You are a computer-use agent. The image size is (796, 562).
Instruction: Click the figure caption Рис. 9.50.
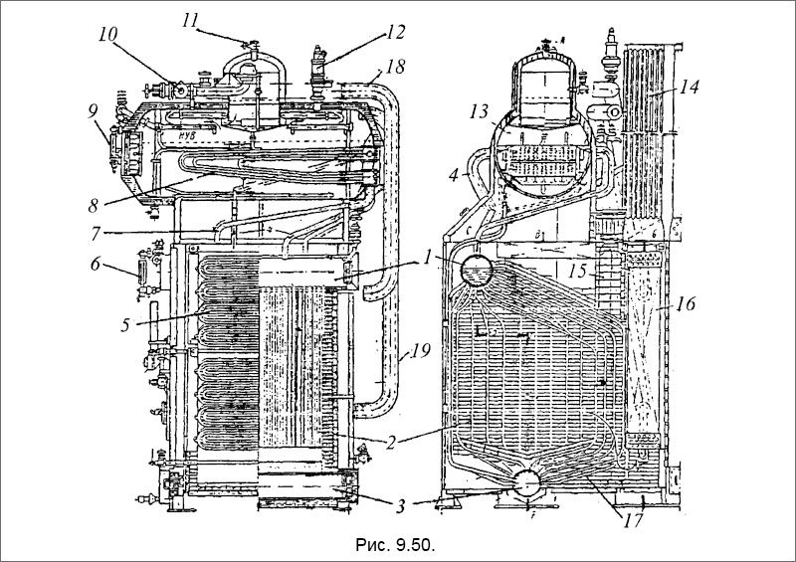396,544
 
